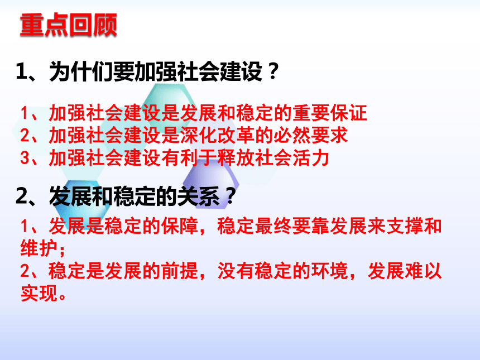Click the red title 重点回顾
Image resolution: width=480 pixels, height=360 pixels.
pyautogui.click(x=68, y=26)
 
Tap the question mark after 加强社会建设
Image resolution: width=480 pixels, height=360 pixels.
pyautogui.click(x=272, y=72)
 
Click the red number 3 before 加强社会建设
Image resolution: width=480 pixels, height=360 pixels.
pyautogui.click(x=25, y=158)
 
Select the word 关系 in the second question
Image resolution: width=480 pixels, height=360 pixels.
pyautogui.click(x=193, y=196)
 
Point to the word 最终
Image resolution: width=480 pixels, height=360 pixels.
pyautogui.click(x=273, y=227)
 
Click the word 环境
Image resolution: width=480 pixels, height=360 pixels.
pyautogui.click(x=329, y=272)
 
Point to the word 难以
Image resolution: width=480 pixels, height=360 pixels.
pyautogui.click(x=424, y=272)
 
